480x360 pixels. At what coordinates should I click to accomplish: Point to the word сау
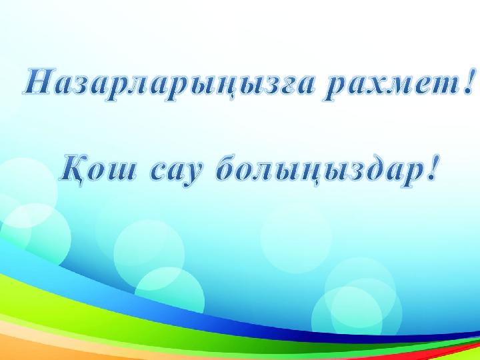178,173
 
